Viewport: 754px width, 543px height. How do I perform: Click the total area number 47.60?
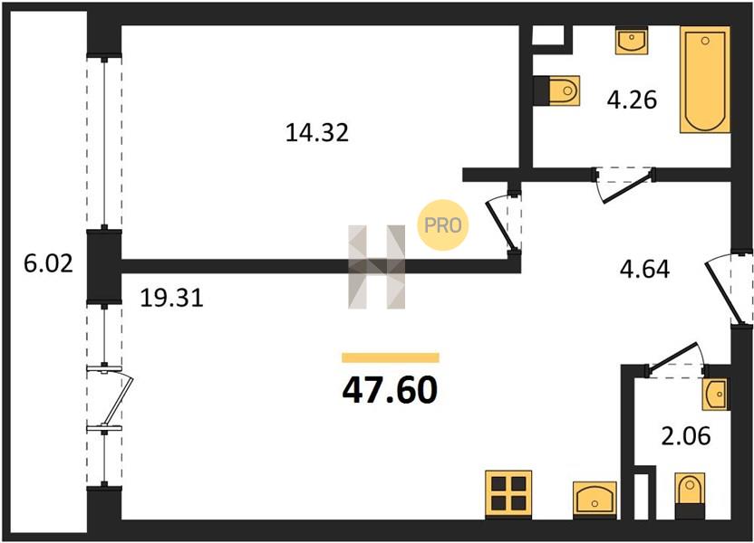point(390,389)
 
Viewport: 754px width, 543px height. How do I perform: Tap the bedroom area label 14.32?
point(317,132)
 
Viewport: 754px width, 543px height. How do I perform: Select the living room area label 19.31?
point(171,298)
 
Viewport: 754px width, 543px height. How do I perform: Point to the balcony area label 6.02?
point(49,263)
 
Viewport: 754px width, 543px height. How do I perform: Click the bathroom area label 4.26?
point(632,100)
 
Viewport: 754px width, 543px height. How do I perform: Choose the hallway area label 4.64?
point(645,270)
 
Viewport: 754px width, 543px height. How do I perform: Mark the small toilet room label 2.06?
point(686,436)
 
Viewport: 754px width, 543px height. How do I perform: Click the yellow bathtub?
point(705,80)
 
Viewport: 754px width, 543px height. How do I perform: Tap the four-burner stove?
point(508,494)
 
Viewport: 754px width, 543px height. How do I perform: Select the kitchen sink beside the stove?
point(594,500)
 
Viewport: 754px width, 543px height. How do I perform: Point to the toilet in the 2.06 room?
point(690,495)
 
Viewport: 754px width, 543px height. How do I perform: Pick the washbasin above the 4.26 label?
point(632,41)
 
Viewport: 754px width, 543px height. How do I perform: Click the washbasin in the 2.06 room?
point(716,394)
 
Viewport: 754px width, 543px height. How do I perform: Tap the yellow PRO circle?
point(443,224)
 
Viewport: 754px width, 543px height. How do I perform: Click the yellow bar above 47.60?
point(391,357)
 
